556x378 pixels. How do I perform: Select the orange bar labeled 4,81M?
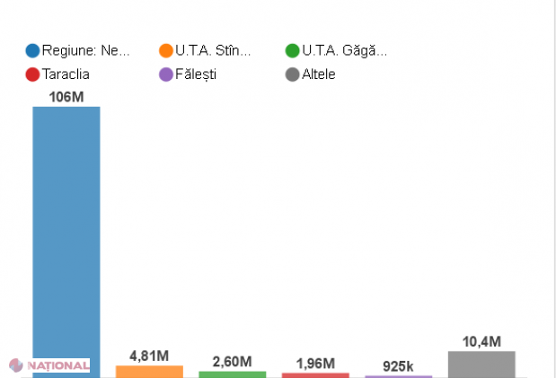coord(149,371)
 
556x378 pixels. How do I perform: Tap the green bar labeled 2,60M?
coord(232,374)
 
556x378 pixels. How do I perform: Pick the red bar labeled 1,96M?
coord(315,374)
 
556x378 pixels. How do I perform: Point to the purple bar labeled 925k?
coord(398,376)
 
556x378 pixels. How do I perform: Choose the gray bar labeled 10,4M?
coord(481,364)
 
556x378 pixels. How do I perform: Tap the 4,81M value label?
coord(149,356)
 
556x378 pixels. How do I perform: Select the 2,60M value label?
coord(232,361)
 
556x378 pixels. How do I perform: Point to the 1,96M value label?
coord(315,363)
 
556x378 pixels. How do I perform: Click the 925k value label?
coord(398,365)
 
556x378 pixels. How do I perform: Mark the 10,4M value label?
coord(481,341)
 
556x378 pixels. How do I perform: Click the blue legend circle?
coord(33,51)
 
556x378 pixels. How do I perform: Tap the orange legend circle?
coord(165,51)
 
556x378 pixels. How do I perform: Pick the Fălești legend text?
coord(196,75)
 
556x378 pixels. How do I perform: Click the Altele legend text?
coord(319,75)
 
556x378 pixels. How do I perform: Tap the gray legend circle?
coord(292,75)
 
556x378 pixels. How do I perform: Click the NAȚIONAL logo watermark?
coord(49,365)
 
